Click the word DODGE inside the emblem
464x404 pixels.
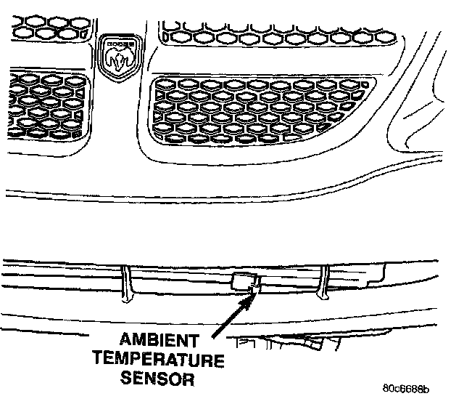point(119,45)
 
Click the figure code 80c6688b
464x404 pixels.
point(413,389)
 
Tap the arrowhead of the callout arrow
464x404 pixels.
point(252,294)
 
